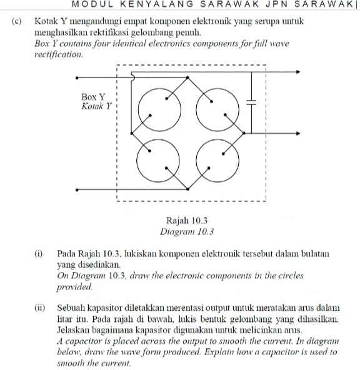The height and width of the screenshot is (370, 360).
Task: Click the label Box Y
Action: pyautogui.click(x=93, y=97)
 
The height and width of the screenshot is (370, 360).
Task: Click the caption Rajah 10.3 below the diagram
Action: pyautogui.click(x=187, y=221)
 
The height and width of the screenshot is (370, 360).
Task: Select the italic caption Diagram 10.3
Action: pyautogui.click(x=187, y=232)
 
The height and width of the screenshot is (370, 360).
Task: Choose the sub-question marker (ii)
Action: pyautogui.click(x=40, y=308)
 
